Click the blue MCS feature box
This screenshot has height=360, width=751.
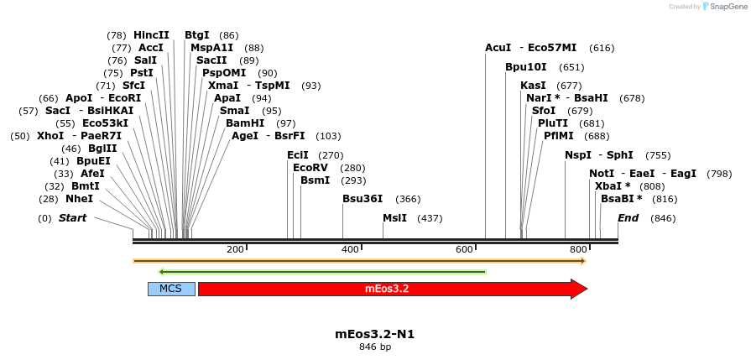(x=171, y=289)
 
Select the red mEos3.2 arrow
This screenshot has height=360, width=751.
(x=386, y=289)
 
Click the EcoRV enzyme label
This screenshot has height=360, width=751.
(x=310, y=168)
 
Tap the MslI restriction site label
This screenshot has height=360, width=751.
(x=394, y=218)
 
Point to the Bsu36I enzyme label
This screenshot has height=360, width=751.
(x=362, y=199)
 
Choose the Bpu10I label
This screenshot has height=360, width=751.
(x=526, y=67)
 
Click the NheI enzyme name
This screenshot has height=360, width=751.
(x=79, y=199)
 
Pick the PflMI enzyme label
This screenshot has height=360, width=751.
(x=559, y=136)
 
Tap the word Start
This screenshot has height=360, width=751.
(x=72, y=218)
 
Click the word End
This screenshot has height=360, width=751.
(x=628, y=218)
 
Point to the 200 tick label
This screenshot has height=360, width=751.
(x=235, y=249)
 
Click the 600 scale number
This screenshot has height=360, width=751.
(x=464, y=249)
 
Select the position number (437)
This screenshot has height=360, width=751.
(x=430, y=218)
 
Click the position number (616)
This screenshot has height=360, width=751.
(x=602, y=48)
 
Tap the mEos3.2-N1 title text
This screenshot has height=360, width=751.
(x=374, y=333)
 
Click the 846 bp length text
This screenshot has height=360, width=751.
(x=374, y=347)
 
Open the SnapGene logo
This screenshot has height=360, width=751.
(x=722, y=7)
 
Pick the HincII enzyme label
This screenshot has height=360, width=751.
(x=151, y=35)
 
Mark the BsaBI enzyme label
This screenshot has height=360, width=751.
(x=622, y=199)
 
